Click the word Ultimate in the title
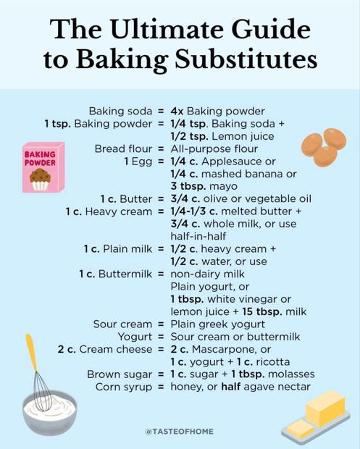point(165,30)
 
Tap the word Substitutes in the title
point(246,59)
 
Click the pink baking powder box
point(43,167)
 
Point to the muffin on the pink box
point(40,180)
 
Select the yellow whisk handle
point(31,353)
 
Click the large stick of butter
point(325,408)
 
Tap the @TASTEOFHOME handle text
point(180,431)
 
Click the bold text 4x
point(177,111)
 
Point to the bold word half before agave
point(231,387)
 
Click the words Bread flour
point(123,149)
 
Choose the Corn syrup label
point(124,387)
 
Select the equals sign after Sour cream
point(161,324)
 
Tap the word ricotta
point(273,362)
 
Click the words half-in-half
point(198,236)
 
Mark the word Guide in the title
point(271,30)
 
